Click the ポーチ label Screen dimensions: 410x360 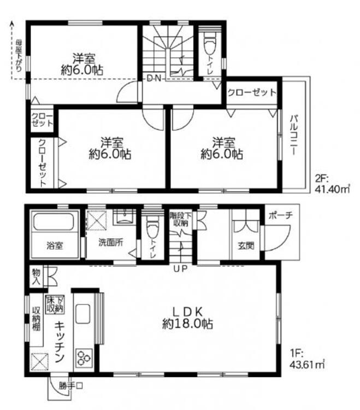281,215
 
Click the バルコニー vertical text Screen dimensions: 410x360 293,134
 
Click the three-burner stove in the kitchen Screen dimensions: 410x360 84,359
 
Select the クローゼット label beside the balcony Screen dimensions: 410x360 251,92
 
